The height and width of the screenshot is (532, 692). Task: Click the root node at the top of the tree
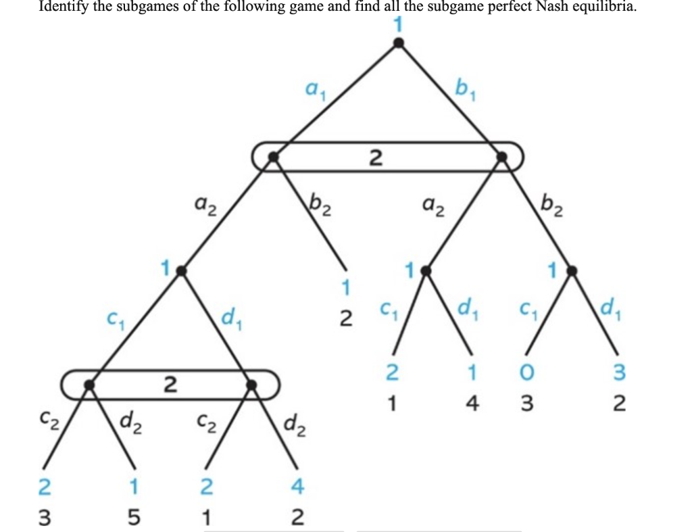click(x=399, y=43)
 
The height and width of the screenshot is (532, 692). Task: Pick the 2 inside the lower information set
click(x=170, y=385)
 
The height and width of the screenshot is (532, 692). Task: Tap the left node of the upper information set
click(x=273, y=157)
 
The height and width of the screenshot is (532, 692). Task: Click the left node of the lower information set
click(x=89, y=384)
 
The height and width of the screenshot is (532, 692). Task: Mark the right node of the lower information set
click(x=251, y=384)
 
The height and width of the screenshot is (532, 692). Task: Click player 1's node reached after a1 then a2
click(x=181, y=270)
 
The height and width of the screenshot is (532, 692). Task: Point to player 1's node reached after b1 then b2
click(x=572, y=270)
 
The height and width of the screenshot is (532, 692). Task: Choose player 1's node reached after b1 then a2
click(x=425, y=270)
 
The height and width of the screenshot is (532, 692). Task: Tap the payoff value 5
click(x=134, y=518)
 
